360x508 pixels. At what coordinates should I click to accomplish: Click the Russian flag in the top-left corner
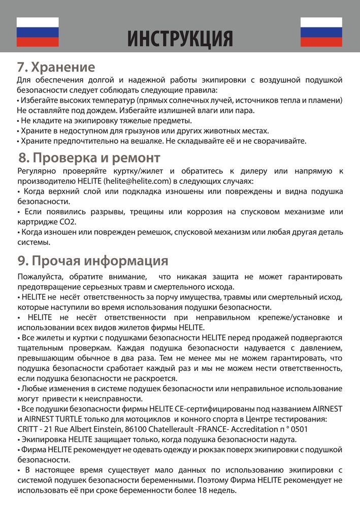[38, 32]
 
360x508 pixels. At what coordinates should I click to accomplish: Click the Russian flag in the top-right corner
[321, 32]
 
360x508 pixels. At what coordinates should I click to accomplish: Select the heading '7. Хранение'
[56, 67]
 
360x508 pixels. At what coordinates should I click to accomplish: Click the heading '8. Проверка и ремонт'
[89, 157]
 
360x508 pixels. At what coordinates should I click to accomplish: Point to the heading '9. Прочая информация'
[92, 261]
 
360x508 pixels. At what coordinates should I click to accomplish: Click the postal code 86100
[141, 429]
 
